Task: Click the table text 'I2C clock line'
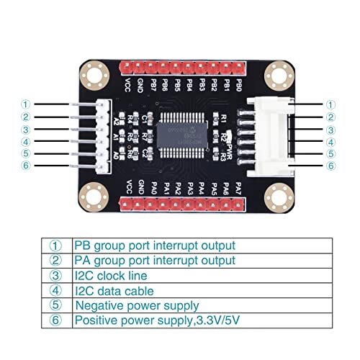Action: (112, 275)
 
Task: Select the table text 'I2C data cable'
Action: (114, 291)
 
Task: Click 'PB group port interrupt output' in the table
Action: (155, 245)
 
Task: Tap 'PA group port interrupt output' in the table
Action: (155, 260)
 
